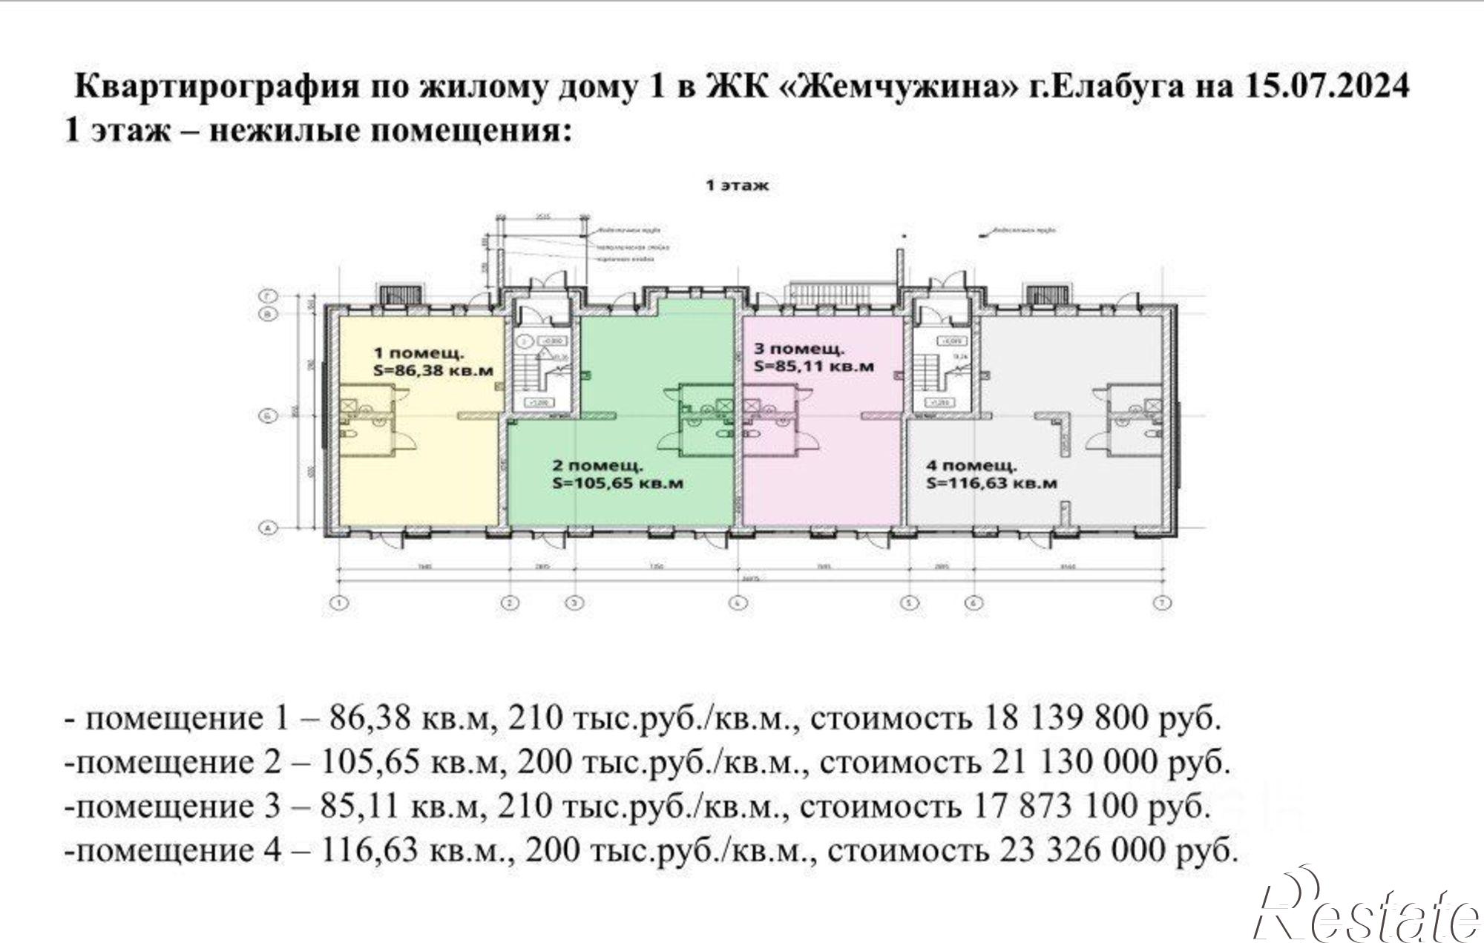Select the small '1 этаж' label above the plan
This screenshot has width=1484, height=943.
(x=737, y=185)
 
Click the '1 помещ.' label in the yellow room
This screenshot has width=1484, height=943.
(x=418, y=352)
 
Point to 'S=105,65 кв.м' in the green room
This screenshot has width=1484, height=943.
(x=617, y=483)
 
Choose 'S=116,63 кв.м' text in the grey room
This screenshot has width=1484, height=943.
(x=991, y=483)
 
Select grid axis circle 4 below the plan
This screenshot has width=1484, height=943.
(x=737, y=603)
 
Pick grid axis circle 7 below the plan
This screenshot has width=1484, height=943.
(x=1162, y=603)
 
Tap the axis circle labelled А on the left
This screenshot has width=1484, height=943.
(x=266, y=528)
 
